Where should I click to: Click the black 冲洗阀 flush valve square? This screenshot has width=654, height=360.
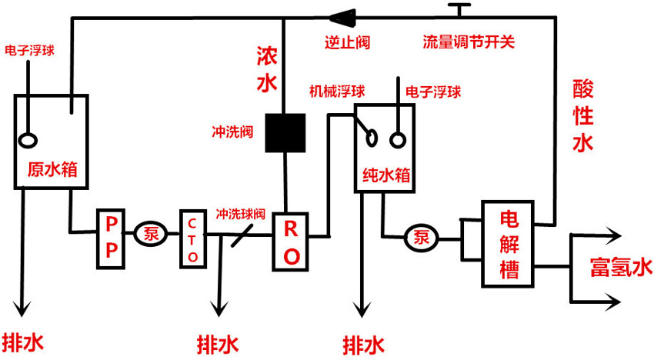pos(283,133)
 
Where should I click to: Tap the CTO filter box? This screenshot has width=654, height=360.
pos(192,238)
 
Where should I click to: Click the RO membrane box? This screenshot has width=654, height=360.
pos(292,242)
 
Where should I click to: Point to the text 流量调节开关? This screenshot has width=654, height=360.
pos(468,42)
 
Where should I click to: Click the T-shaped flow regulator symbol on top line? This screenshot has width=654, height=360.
pos(460,10)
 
